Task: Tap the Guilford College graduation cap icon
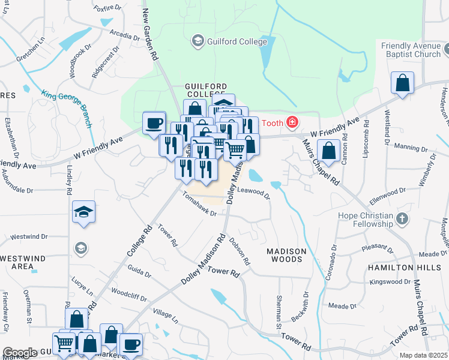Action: [x=196, y=41]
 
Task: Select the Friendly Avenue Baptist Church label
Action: [x=411, y=50]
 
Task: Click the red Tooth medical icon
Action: [x=292, y=123]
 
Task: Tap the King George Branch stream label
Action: [x=66, y=109]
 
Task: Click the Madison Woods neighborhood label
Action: [x=286, y=255]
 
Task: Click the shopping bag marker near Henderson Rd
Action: [x=402, y=84]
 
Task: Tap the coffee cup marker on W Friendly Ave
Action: [x=154, y=123]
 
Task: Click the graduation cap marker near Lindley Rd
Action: [x=83, y=212]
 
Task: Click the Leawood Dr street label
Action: [x=254, y=191]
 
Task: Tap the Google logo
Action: [x=20, y=353]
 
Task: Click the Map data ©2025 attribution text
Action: [x=423, y=355]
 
